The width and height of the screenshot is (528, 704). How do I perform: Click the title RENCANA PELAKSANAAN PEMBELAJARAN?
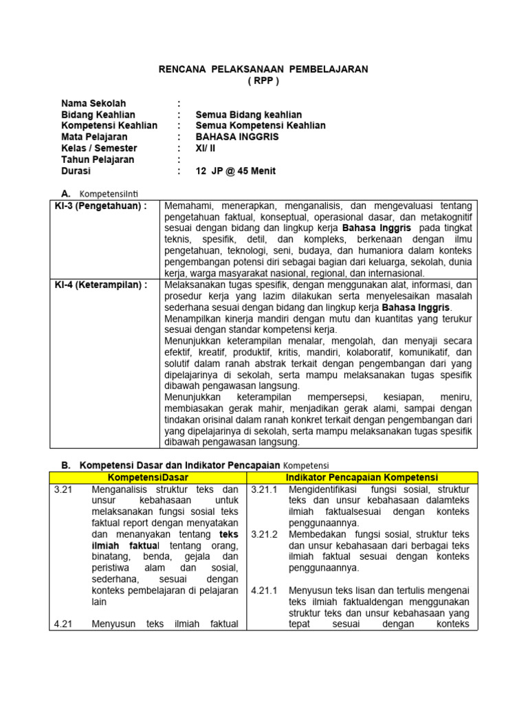[264, 69]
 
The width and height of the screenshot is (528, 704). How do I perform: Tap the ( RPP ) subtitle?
[264, 80]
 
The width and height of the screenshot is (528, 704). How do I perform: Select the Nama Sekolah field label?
[93, 103]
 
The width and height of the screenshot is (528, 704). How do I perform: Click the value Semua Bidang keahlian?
[249, 115]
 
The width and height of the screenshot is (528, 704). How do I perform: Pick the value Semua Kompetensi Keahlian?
[261, 126]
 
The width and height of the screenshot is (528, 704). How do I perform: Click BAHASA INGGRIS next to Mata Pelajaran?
[237, 137]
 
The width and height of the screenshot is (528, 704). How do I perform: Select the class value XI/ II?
[205, 148]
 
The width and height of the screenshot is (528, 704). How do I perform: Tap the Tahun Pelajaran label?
[98, 159]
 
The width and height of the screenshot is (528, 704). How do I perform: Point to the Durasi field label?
[76, 171]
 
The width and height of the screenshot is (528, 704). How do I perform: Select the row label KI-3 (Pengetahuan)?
[101, 206]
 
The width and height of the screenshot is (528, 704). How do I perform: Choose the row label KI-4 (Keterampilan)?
[101, 286]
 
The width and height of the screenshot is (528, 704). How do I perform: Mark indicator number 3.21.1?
[264, 489]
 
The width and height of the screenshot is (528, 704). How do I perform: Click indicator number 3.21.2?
[264, 534]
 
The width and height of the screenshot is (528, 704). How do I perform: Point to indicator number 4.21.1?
[264, 591]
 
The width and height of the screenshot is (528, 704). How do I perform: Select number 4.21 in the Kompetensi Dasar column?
[63, 624]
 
